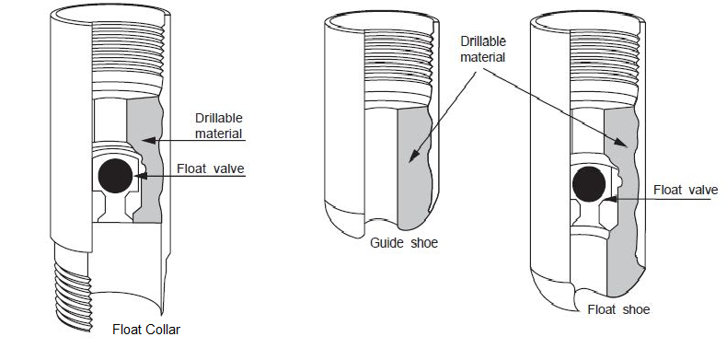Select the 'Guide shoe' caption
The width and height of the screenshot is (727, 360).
coord(403,244)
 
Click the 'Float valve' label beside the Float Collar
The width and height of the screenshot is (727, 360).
coord(213,168)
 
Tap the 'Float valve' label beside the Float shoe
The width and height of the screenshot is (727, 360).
coord(685,190)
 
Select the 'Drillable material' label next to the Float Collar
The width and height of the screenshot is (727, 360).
coord(218,125)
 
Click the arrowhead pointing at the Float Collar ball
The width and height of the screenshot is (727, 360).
coord(139,174)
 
